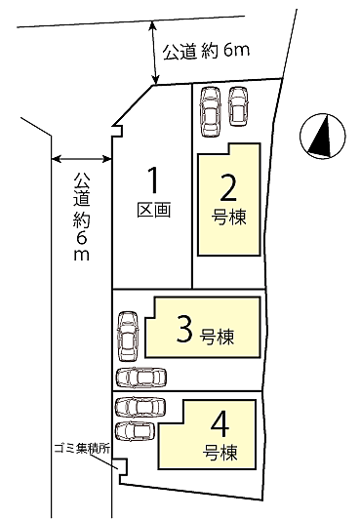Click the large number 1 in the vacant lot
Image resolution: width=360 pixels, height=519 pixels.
coord(153,181)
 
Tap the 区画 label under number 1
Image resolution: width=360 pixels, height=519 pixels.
coord(153,211)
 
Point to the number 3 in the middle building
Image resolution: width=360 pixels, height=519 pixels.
coord(183,331)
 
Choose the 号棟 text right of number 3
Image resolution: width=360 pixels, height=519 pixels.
coord(218,338)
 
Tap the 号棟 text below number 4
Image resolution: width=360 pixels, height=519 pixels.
coord(220,454)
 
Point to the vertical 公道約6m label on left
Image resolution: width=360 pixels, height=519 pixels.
coord(81,217)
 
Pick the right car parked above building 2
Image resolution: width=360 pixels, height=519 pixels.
coord(238,106)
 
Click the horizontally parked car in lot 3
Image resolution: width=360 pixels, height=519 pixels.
coord(141,378)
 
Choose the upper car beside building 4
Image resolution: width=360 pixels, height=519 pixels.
coord(137,407)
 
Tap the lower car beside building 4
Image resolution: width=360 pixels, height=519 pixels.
coord(134,429)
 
